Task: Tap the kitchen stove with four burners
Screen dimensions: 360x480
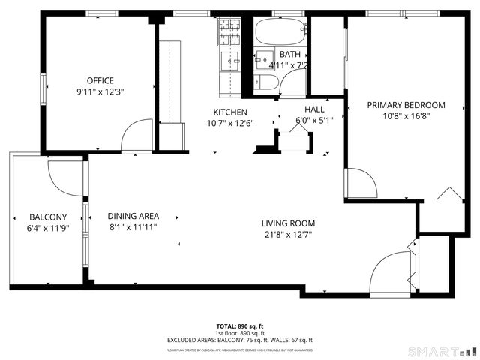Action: (x=229, y=32)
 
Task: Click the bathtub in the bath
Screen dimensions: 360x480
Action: (x=280, y=33)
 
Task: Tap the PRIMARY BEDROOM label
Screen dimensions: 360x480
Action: (x=406, y=105)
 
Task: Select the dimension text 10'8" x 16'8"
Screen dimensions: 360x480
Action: (x=406, y=116)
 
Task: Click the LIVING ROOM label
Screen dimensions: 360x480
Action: (x=288, y=223)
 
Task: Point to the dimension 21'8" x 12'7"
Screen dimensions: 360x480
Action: (x=288, y=235)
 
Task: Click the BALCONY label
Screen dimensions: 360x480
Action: (x=48, y=217)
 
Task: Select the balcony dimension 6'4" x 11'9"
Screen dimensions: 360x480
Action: (x=48, y=229)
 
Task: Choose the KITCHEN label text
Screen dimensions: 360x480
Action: (x=230, y=112)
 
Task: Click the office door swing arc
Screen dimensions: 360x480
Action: (x=136, y=135)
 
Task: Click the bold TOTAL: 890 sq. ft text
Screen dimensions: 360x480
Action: (x=239, y=326)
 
